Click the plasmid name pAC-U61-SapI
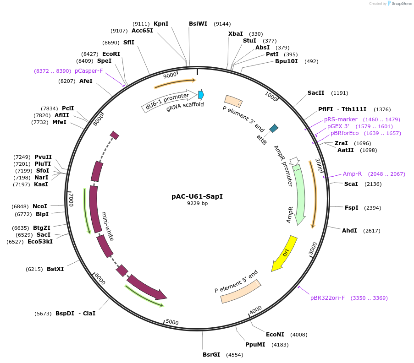[197, 196]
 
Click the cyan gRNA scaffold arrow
[201, 95]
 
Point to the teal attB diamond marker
[274, 128]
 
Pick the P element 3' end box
[233, 102]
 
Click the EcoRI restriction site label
[111, 54]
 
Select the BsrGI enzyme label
[211, 355]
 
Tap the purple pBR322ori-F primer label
[327, 298]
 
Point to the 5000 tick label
[172, 322]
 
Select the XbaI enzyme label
[236, 34]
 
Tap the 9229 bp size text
[197, 203]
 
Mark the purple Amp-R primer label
[352, 174]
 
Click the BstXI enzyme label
[55, 269]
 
